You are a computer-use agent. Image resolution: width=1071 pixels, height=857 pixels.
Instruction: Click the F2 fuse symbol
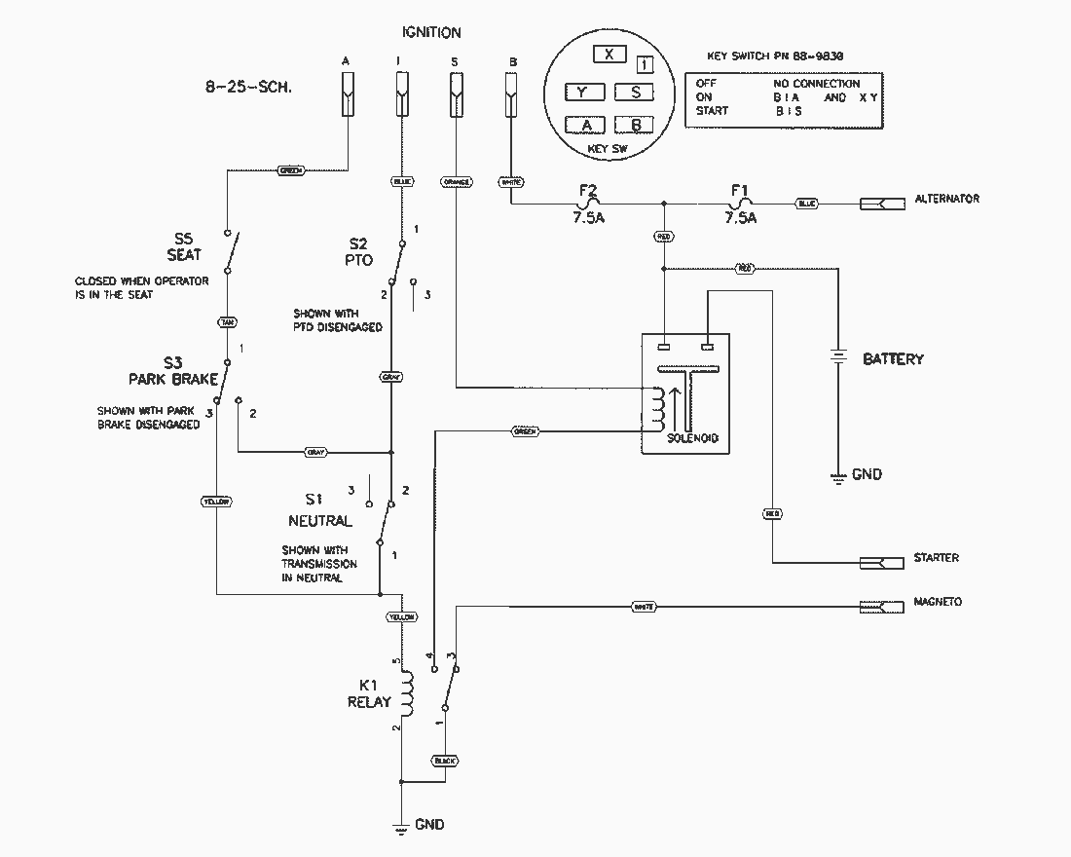click(x=586, y=205)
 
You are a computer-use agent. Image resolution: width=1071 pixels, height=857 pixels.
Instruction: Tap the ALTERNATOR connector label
click(x=946, y=199)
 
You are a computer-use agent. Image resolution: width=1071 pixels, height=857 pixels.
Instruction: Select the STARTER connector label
click(x=936, y=558)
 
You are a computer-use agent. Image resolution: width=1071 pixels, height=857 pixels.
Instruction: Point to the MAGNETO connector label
click(x=937, y=602)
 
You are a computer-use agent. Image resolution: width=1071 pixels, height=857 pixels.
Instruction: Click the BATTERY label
click(x=893, y=359)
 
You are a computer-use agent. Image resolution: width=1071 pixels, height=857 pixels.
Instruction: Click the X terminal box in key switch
click(x=609, y=55)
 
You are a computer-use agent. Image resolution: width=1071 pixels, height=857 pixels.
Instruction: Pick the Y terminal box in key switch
click(x=583, y=92)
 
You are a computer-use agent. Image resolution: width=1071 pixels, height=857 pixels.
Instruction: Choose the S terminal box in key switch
click(x=636, y=92)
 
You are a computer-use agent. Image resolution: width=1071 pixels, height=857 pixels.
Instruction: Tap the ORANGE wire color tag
click(x=456, y=182)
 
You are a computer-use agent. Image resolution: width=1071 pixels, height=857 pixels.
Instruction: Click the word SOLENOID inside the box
click(x=692, y=438)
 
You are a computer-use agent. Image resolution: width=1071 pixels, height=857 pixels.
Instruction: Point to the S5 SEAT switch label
click(x=184, y=246)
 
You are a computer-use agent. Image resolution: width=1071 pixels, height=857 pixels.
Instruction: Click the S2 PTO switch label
click(x=360, y=250)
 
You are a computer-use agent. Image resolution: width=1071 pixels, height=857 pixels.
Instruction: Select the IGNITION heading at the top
click(x=431, y=32)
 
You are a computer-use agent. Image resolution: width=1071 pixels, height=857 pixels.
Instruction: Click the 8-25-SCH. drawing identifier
click(x=248, y=86)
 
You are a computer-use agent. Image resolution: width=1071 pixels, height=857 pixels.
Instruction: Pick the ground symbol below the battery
click(x=836, y=476)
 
